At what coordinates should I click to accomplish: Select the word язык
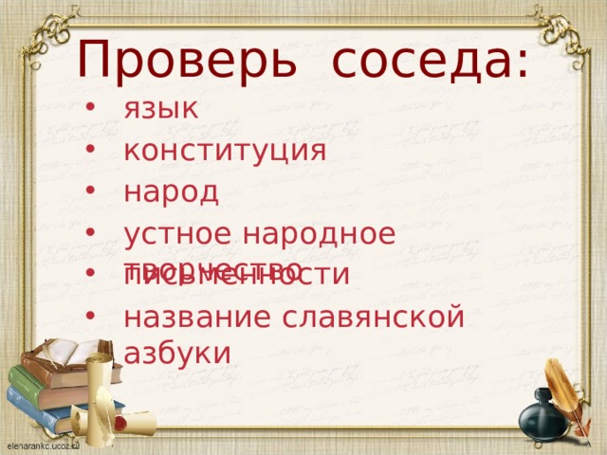coord(161,108)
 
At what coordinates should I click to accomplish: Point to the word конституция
coord(226,150)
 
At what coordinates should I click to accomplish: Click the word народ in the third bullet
coord(172,191)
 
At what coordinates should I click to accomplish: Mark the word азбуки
coord(177,352)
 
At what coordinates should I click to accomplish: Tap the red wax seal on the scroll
coord(120,417)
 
